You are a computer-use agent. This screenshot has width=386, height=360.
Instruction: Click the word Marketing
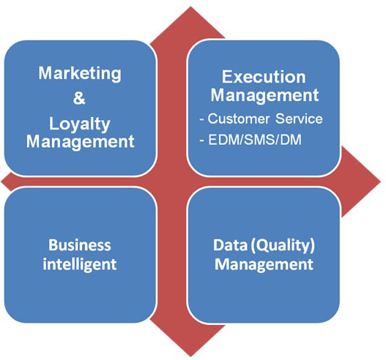[80, 74]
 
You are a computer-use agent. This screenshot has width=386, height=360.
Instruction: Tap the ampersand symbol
[79, 98]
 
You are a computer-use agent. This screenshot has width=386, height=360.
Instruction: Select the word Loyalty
[80, 124]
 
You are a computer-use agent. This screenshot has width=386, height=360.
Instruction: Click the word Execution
[264, 77]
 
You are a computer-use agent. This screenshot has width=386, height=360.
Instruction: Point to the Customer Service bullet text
[261, 119]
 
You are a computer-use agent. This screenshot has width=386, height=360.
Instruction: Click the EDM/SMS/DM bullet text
[250, 140]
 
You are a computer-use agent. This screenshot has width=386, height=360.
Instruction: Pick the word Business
[80, 245]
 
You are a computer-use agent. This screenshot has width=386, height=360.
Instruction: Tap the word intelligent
[80, 265]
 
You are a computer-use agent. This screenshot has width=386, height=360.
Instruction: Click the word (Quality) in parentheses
[283, 246]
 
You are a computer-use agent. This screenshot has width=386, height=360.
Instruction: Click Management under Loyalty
[81, 142]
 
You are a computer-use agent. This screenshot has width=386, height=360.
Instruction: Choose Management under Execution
[264, 95]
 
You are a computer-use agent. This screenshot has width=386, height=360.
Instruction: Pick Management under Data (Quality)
[264, 265]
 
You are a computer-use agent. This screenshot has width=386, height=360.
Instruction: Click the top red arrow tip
[190, 7]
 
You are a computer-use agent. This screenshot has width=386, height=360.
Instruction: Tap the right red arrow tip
[381, 182]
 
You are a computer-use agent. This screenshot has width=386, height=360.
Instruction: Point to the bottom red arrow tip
[190, 356]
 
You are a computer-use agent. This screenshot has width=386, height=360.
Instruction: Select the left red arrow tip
[1, 182]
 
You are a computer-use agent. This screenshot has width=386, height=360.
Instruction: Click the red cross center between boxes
[171, 181]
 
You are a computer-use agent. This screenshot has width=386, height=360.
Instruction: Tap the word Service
[299, 119]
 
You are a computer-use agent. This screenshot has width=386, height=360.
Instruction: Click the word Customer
[238, 119]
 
